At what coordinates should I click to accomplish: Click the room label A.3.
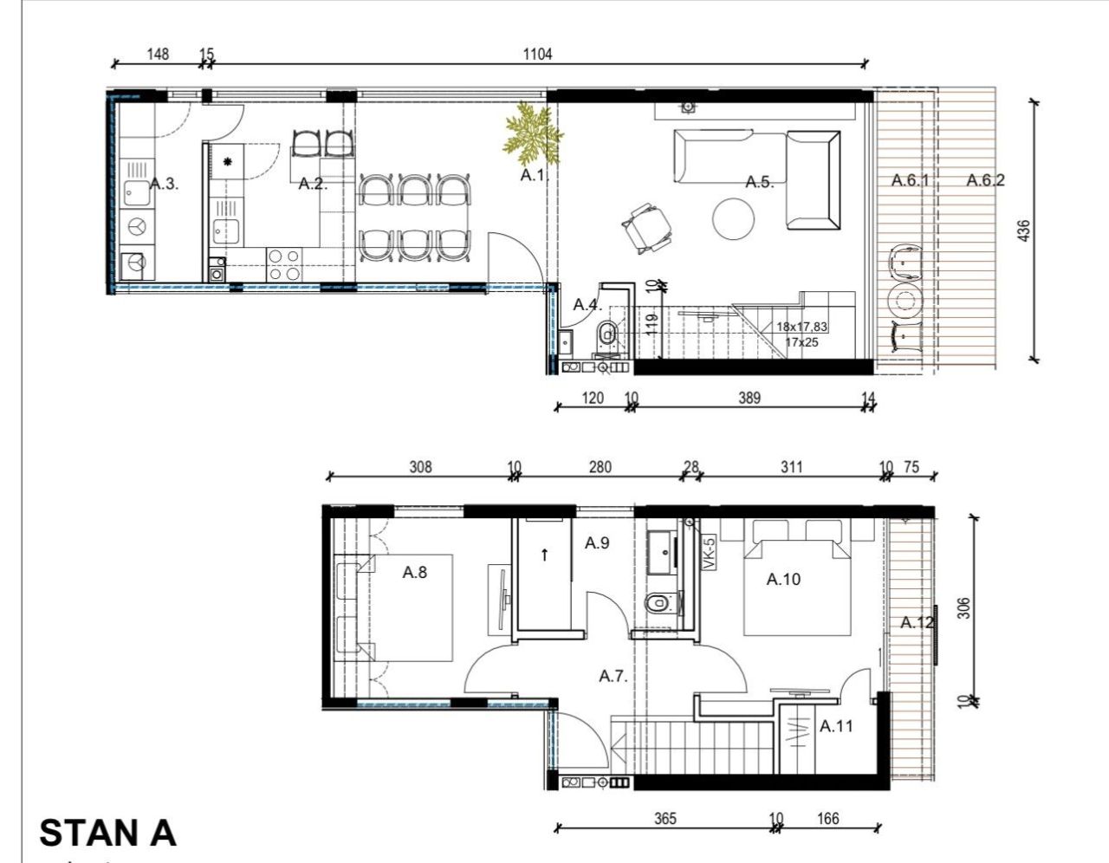tap(164, 184)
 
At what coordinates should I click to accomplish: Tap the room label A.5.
tap(759, 182)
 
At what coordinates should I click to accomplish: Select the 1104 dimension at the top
tap(537, 54)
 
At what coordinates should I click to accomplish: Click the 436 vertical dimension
tap(1024, 231)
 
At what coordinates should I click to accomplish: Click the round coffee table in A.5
tap(733, 218)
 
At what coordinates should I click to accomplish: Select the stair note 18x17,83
tap(801, 327)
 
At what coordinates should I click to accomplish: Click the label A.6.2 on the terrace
tap(986, 180)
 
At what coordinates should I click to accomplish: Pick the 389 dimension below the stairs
tap(749, 398)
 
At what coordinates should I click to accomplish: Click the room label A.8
tap(415, 572)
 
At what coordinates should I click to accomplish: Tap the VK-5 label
tap(708, 554)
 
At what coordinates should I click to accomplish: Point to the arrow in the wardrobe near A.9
tap(544, 555)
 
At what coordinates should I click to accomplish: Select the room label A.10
tap(783, 579)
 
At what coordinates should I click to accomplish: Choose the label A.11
tap(836, 726)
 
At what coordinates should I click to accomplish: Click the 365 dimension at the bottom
tap(665, 818)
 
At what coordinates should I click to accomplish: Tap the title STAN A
tap(107, 833)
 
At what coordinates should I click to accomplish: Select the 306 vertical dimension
tap(963, 608)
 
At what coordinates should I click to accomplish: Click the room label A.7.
tap(613, 676)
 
